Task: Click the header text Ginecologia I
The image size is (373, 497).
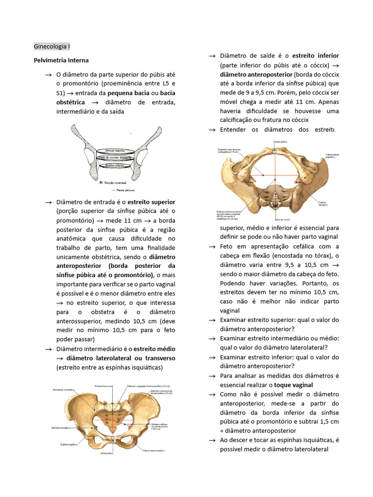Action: tap(52, 47)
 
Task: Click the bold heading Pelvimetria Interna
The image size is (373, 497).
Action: tap(61, 61)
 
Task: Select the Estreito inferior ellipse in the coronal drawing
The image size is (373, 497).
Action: tap(116, 166)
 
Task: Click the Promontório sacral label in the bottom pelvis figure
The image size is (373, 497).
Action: tap(103, 386)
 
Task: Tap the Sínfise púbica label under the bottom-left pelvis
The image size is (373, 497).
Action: tap(107, 453)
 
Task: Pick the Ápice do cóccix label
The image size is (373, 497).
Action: tap(283, 219)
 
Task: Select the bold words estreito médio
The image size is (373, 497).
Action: tap(155, 349)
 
